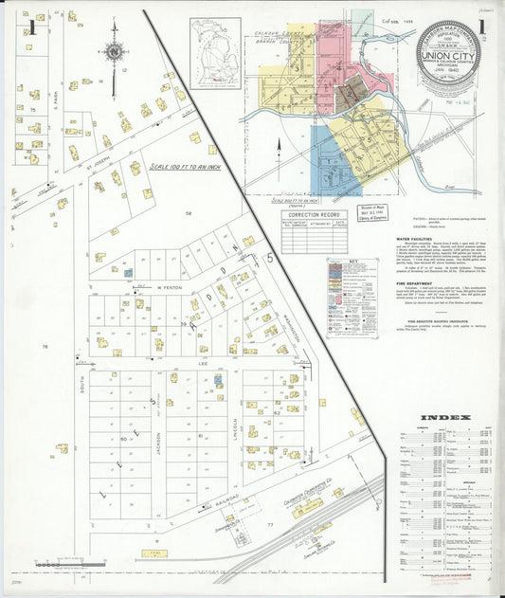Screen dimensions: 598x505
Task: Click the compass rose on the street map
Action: tap(115, 52)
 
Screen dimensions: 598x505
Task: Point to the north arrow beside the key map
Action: tap(280, 147)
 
